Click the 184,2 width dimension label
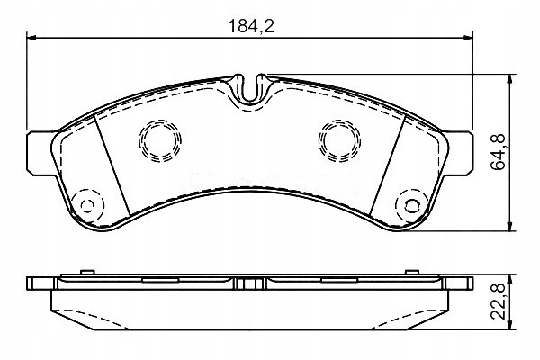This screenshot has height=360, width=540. [251, 26]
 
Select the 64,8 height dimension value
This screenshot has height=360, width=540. [499, 152]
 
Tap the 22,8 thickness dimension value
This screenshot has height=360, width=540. [499, 301]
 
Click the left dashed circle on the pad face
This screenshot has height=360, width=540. [160, 140]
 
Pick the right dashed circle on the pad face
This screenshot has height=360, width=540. [339, 140]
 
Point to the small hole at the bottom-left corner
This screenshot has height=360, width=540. [87, 206]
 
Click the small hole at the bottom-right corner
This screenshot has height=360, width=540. [412, 206]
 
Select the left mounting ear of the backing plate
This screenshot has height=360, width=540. [40, 153]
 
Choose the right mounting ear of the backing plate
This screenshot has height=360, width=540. [458, 153]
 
